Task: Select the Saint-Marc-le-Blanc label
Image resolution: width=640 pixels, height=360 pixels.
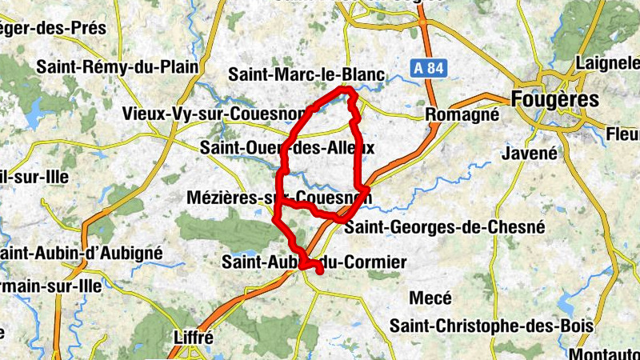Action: pyautogui.click(x=306, y=75)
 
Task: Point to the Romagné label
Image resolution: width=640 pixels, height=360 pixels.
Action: pyautogui.click(x=462, y=115)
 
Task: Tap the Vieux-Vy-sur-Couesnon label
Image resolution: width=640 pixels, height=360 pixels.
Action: pyautogui.click(x=214, y=114)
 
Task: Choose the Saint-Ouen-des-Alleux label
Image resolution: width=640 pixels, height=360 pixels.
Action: pyautogui.click(x=287, y=148)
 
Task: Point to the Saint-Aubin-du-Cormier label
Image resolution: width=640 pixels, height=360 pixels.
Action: pyautogui.click(x=314, y=262)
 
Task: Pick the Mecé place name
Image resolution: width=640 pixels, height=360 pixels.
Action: pyautogui.click(x=430, y=298)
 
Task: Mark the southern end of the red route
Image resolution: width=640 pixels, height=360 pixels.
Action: pyautogui.click(x=320, y=273)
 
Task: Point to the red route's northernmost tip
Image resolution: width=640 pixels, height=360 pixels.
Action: pyautogui.click(x=347, y=91)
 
